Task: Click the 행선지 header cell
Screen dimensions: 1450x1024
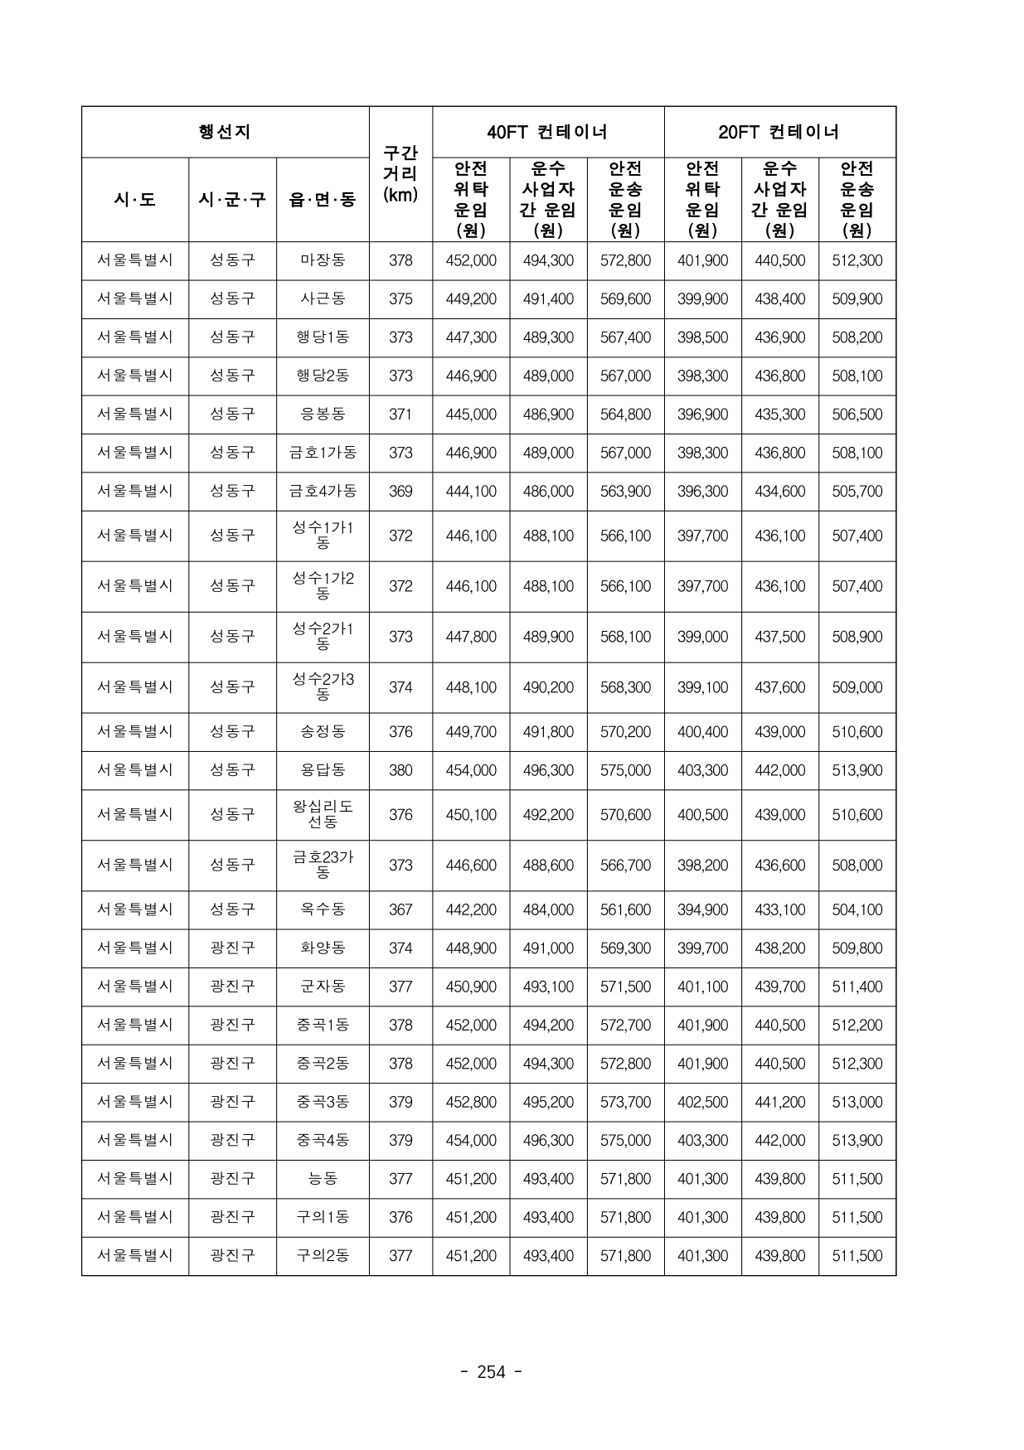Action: (225, 132)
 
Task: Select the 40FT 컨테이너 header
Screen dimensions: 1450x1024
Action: (547, 132)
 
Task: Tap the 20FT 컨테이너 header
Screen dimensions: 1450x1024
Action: (779, 132)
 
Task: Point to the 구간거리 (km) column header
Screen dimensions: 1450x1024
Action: (400, 174)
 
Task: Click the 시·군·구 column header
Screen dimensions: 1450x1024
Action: (232, 200)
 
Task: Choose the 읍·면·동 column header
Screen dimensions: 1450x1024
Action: (323, 200)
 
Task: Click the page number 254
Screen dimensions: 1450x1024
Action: (491, 1372)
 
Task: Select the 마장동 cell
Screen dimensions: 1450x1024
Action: (323, 260)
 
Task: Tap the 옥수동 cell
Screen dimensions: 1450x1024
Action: (323, 909)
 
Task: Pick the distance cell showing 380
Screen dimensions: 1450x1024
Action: (400, 770)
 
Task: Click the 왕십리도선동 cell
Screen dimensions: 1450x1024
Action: (323, 814)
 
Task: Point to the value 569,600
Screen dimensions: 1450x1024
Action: (625, 299)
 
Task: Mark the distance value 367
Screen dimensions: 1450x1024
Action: (400, 909)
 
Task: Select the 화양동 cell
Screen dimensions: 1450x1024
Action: (323, 948)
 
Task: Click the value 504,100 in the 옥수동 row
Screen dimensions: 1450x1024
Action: (857, 909)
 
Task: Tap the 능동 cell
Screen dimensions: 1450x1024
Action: (323, 1178)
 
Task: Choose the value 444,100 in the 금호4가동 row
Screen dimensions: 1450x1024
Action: (471, 492)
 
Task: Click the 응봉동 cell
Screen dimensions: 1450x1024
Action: (323, 414)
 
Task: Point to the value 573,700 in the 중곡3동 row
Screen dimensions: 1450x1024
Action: (625, 1102)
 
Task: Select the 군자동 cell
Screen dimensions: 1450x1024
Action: (323, 987)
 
